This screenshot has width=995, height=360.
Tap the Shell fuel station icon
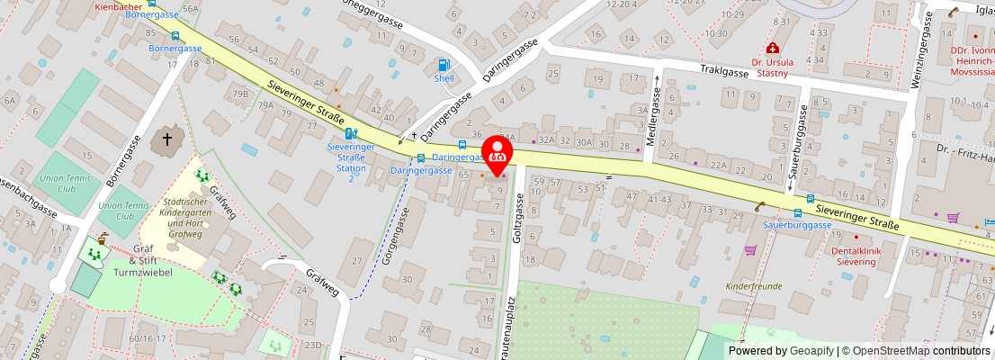coord(444,65)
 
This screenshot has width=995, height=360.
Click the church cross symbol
coord(166,140)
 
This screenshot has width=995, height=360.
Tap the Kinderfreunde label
coord(754,285)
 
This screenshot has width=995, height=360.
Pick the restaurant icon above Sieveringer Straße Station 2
coord(350,133)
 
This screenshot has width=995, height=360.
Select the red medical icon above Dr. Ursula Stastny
coord(771,49)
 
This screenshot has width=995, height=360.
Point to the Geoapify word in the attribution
coord(811,351)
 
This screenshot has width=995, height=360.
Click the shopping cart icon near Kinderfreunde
coord(750,250)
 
